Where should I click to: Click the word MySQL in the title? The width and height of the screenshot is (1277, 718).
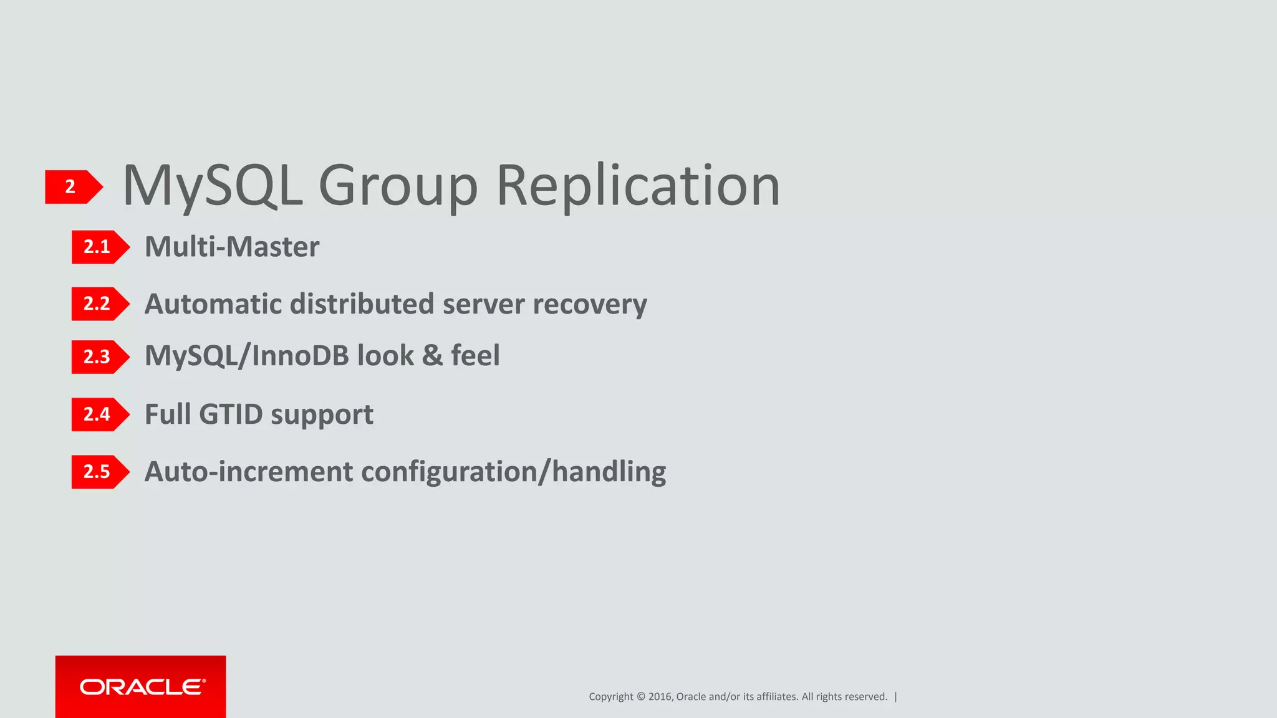213,186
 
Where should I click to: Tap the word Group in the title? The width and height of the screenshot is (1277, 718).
398,186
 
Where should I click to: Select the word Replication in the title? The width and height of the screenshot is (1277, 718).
638,186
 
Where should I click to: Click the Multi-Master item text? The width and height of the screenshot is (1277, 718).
232,247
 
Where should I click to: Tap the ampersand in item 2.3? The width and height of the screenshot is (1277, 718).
432,356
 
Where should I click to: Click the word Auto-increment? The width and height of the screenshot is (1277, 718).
248,472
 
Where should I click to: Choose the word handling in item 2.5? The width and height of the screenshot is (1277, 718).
609,472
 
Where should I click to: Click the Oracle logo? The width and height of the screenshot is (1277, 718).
141,687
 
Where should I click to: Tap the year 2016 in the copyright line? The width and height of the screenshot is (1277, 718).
660,697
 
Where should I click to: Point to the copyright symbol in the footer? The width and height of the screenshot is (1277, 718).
640,697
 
